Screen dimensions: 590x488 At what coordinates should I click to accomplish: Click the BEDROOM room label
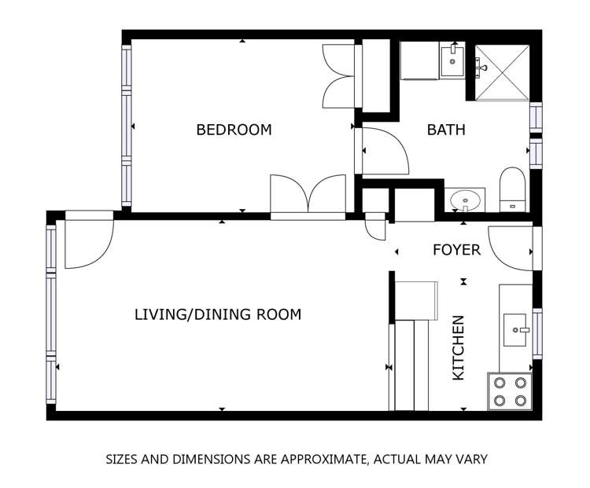(234, 130)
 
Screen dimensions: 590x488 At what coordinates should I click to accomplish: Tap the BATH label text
(446, 130)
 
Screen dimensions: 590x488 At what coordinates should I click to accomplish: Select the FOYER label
(457, 250)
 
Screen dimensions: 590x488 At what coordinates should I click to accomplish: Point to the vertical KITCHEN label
(459, 348)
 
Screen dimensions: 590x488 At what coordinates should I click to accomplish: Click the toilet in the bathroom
(512, 190)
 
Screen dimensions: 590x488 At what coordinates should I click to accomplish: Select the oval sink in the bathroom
(466, 200)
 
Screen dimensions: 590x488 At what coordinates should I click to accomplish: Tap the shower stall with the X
(502, 72)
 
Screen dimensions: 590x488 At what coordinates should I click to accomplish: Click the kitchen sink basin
(515, 330)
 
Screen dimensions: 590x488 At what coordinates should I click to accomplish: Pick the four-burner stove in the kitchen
(510, 391)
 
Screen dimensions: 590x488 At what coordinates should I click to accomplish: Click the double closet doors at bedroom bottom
(308, 193)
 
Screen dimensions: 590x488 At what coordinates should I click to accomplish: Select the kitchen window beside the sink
(538, 333)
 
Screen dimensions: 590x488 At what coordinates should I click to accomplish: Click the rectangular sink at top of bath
(452, 61)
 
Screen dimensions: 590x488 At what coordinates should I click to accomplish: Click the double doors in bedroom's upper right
(338, 76)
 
